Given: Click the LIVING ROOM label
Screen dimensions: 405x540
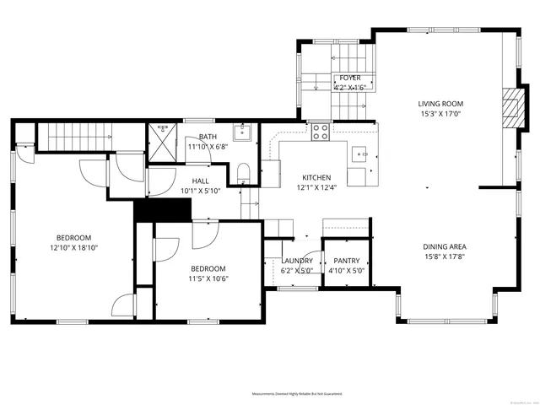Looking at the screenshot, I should pos(441,104).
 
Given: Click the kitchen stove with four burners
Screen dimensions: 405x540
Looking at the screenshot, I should pos(321,132).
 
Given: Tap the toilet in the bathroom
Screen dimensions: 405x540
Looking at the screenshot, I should pos(242,174).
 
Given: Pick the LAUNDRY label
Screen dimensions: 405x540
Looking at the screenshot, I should pos(297,262).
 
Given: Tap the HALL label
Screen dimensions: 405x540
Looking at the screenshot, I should pos(200,181).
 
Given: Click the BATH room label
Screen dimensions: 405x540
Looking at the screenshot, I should pos(208,137).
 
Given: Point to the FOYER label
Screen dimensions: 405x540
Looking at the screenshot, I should pos(350,78).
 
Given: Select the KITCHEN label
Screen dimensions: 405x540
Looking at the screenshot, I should pos(316,177).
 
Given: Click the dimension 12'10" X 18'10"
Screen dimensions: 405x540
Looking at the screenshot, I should pos(73,248).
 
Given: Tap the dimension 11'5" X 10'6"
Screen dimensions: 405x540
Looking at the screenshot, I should pos(209,278).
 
